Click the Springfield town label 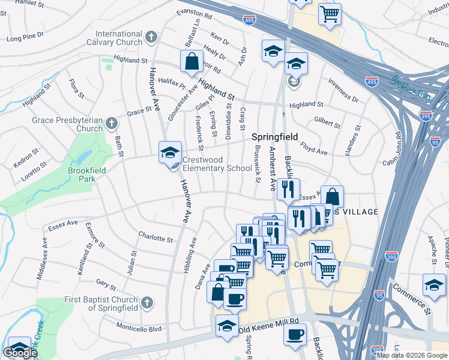pyautogui.click(x=274, y=137)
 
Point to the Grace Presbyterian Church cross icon pyautogui.click(x=110, y=124)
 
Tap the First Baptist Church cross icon pyautogui.click(x=146, y=304)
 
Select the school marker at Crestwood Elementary pyautogui.click(x=170, y=152)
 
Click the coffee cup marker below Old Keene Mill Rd pyautogui.click(x=295, y=335)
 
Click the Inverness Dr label pyautogui.click(x=344, y=90)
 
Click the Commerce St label pyautogui.click(x=411, y=298)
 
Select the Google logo pyautogui.click(x=20, y=353)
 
